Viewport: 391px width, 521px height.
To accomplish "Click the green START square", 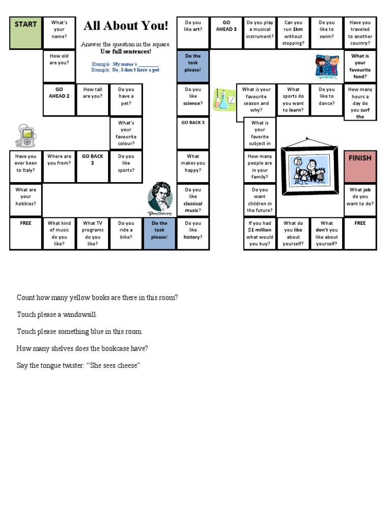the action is click(25, 33).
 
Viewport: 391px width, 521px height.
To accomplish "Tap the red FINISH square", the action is click(360, 166).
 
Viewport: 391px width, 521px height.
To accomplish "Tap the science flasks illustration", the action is click(223, 99).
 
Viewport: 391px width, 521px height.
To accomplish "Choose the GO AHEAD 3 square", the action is click(227, 33).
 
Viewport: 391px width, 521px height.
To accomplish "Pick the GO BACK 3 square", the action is click(193, 133).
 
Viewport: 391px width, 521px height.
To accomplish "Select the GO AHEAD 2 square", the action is click(59, 99).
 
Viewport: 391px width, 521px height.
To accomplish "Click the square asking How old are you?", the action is click(59, 66).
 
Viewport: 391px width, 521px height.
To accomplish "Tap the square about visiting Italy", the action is click(25, 166).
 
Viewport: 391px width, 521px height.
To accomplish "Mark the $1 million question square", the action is click(260, 234).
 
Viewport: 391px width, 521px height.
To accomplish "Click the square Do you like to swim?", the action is click(326, 33).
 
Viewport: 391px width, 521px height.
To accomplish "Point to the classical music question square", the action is click(193, 200).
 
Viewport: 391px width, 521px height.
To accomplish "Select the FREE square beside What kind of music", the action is click(25, 234).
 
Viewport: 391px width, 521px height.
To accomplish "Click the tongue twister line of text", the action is click(78, 366).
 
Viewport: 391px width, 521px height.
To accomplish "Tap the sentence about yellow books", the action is click(97, 298).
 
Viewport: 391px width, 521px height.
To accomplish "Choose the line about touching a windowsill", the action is click(57, 314).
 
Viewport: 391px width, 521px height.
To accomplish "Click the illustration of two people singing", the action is click(326, 66).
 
